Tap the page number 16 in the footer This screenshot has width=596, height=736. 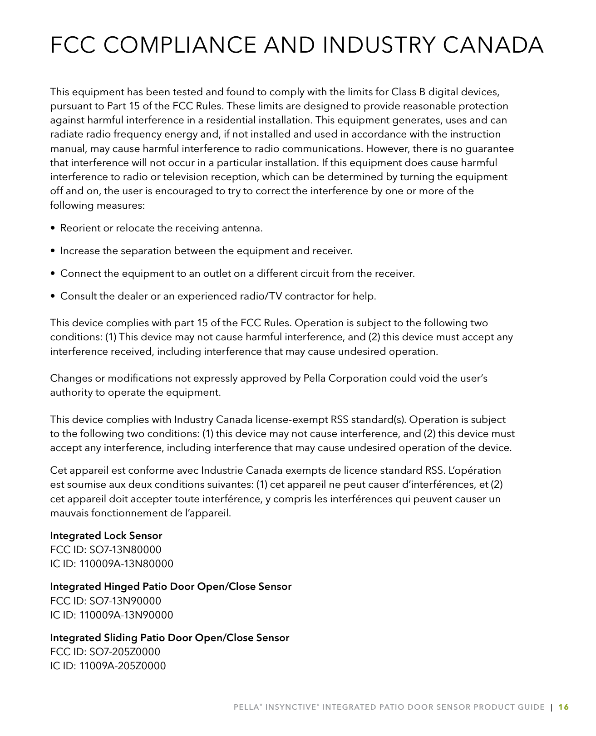(563, 707)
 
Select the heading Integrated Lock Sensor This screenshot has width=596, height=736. (106, 535)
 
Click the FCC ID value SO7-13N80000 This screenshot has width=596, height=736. (125, 550)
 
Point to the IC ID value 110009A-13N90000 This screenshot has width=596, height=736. (126, 615)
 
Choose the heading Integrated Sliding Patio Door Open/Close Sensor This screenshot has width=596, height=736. (169, 638)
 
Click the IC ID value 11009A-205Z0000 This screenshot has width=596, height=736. (123, 666)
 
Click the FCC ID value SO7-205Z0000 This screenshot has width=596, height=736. (125, 652)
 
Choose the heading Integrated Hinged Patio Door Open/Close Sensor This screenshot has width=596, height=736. (171, 586)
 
